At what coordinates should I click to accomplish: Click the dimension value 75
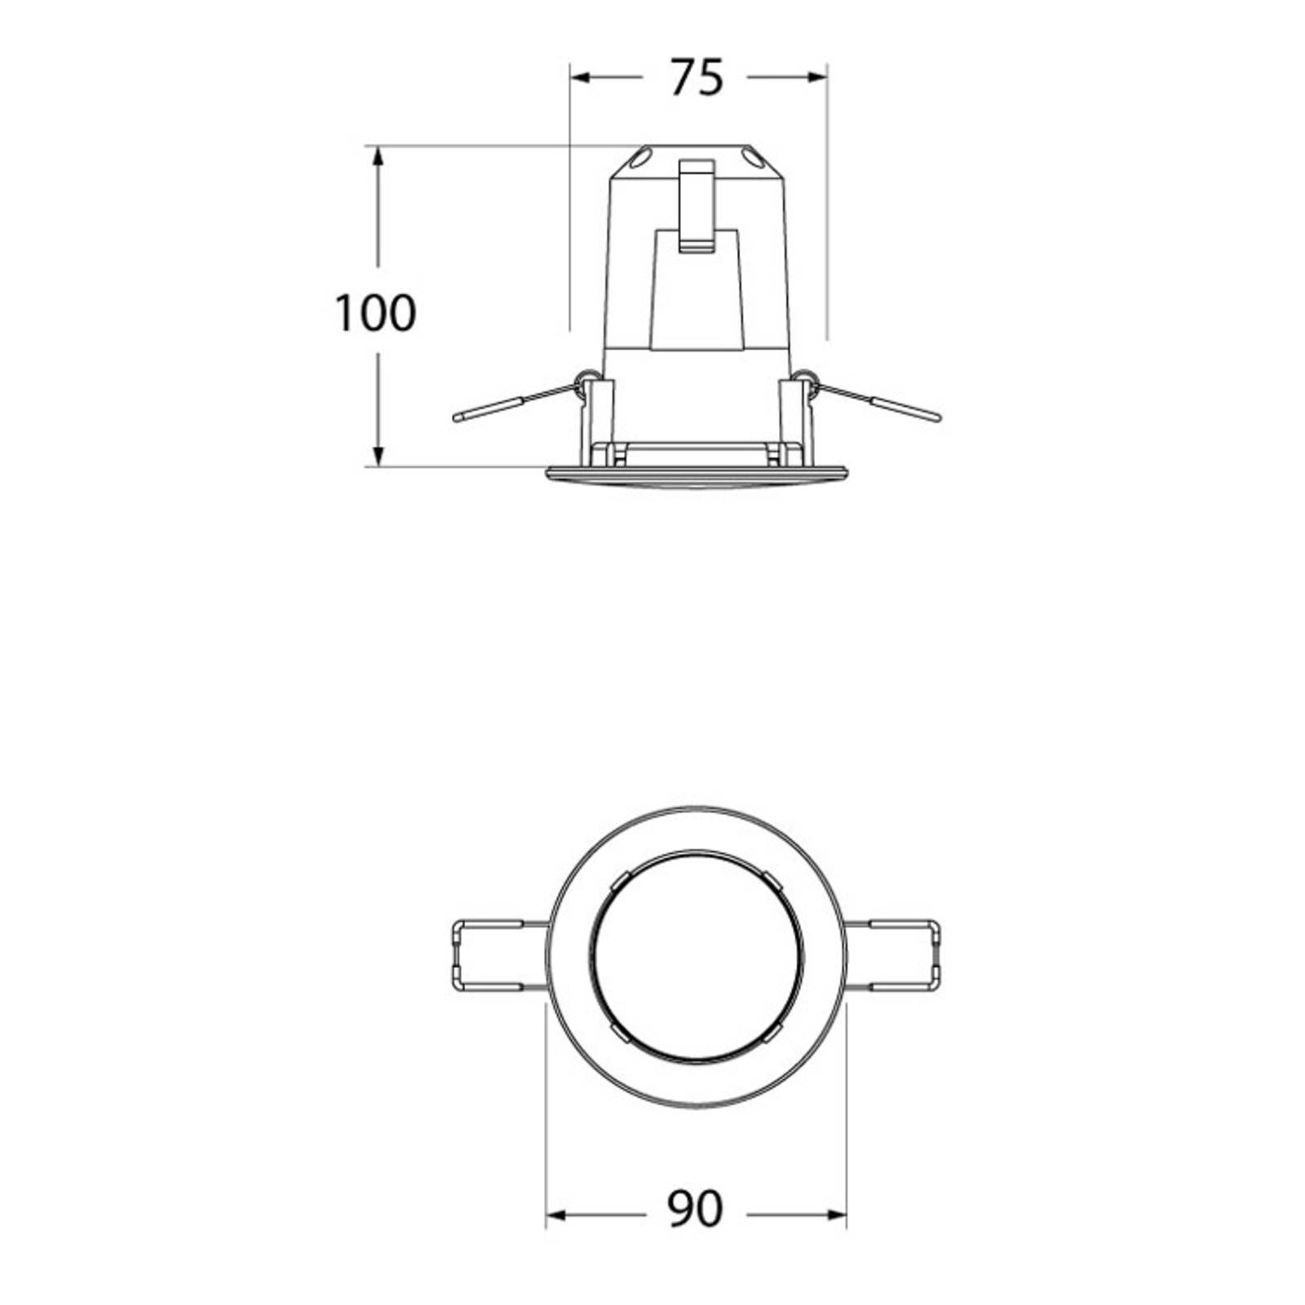click(697, 78)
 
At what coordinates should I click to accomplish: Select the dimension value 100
click(376, 312)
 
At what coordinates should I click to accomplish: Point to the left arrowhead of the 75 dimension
click(580, 77)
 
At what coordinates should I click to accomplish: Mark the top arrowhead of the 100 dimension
click(378, 157)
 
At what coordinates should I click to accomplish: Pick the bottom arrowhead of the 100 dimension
click(378, 456)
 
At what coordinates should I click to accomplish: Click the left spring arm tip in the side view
click(458, 418)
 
